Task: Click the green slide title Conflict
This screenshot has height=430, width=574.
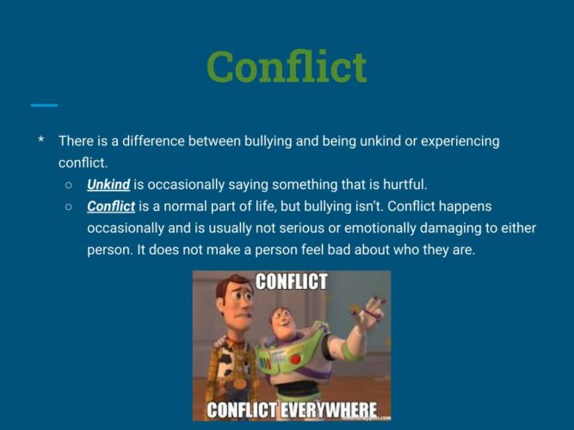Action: click(x=287, y=66)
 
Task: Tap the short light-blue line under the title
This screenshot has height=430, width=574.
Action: click(x=44, y=106)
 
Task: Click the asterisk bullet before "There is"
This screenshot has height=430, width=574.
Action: click(x=41, y=140)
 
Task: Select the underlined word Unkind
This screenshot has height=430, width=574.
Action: click(x=108, y=184)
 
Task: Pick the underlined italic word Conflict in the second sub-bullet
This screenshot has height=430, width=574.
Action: click(x=111, y=206)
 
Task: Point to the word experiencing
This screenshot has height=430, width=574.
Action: click(x=460, y=141)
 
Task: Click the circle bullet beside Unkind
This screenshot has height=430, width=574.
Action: click(x=69, y=185)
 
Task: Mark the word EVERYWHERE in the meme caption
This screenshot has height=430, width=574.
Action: click(x=329, y=410)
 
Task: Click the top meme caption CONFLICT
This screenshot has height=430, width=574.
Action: click(x=291, y=281)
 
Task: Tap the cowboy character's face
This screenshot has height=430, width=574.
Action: click(x=236, y=302)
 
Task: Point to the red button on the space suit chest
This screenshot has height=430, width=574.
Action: click(x=295, y=359)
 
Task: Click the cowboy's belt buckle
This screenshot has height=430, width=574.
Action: click(x=240, y=384)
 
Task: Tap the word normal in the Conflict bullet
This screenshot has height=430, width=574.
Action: click(x=186, y=206)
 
